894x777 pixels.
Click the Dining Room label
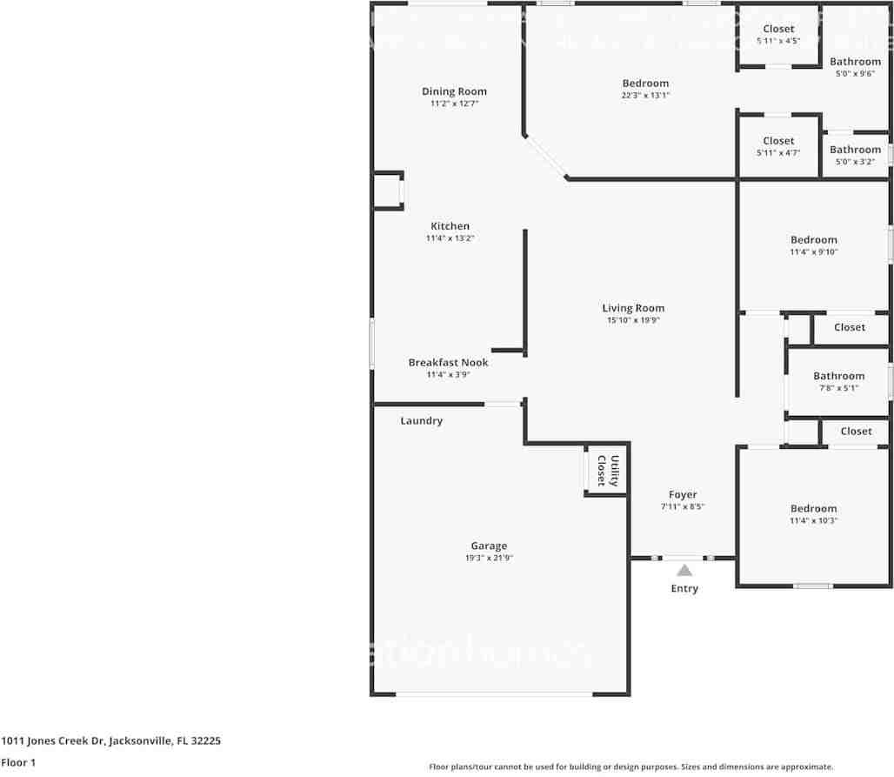454,91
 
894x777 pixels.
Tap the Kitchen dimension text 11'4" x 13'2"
450,238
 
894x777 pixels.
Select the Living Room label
633,308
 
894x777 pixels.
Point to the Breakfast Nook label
448,363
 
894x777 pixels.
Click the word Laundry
421,421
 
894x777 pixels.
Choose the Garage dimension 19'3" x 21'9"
489,559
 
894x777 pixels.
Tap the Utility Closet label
607,471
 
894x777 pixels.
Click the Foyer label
683,495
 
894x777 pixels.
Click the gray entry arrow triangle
684,571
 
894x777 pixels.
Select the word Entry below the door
684,589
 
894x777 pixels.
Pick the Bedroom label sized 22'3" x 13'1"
645,84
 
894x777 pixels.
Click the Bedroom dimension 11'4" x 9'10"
814,252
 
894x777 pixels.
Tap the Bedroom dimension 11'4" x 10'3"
814,521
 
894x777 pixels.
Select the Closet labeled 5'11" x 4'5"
778,30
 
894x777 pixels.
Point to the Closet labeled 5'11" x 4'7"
778,141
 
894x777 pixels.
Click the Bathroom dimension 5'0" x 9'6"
855,74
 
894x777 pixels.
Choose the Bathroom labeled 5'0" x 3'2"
855,150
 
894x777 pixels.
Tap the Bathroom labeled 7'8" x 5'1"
838,376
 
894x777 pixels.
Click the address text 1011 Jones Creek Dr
52,741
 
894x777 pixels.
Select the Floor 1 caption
17,763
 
